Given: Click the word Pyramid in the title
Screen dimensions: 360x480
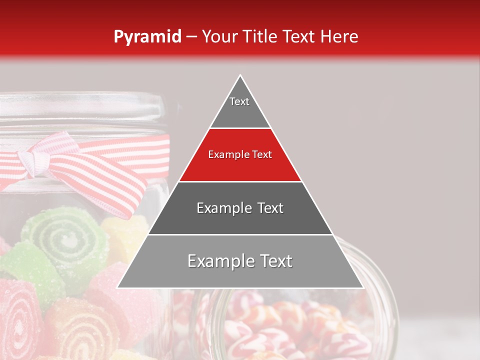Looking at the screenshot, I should pos(147,36).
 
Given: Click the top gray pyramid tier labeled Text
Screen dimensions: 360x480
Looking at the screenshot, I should pos(240,107).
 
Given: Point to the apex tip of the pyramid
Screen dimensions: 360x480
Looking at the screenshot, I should pos(240,76).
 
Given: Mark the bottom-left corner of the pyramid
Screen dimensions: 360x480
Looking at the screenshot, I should pos(118,287).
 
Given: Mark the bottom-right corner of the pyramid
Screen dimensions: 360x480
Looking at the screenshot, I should pos(362,287).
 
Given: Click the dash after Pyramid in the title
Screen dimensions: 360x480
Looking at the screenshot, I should pos(191,37).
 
